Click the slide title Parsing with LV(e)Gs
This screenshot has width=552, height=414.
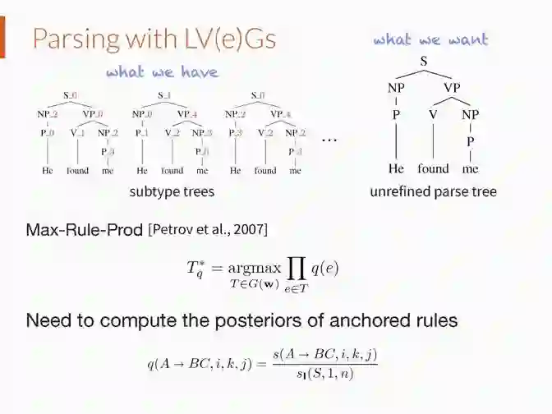154,39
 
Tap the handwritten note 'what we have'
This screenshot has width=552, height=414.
162,72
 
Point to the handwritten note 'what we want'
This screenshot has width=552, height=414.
430,39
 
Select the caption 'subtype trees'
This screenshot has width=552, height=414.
172,191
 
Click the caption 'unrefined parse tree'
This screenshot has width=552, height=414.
433,191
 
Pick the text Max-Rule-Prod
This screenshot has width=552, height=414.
85,229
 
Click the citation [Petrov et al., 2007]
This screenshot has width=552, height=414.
208,229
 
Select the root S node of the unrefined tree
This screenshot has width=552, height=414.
424,61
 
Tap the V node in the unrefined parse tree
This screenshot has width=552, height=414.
433,115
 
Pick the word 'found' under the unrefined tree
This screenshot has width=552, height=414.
433,169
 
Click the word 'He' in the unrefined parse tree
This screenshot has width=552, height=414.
397,169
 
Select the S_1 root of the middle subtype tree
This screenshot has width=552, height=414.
164,95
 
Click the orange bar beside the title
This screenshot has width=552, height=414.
2,39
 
